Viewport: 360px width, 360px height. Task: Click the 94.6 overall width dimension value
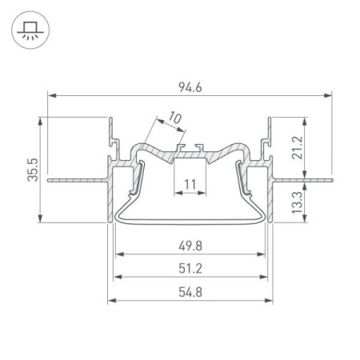(190, 86)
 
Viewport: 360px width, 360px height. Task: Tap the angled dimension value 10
(174, 119)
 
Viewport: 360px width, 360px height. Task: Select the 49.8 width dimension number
(190, 245)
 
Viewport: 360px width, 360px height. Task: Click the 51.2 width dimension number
(190, 268)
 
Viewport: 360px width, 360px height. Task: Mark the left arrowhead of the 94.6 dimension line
(51, 95)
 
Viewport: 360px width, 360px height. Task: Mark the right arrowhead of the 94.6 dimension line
(329, 95)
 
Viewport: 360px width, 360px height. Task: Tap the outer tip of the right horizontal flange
(330, 179)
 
